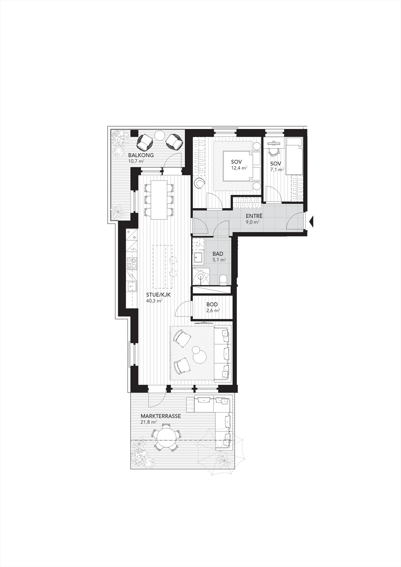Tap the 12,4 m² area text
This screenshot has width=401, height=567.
[239, 168]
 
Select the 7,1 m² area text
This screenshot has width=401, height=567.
[277, 170]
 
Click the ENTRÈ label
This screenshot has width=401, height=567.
[254, 216]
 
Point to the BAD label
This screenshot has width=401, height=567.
[218, 254]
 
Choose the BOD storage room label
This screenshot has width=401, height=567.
[212, 305]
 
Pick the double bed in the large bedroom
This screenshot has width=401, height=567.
[242, 166]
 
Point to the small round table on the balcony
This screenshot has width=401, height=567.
[160, 135]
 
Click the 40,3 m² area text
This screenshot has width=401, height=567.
[154, 301]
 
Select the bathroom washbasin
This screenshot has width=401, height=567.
[197, 257]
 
